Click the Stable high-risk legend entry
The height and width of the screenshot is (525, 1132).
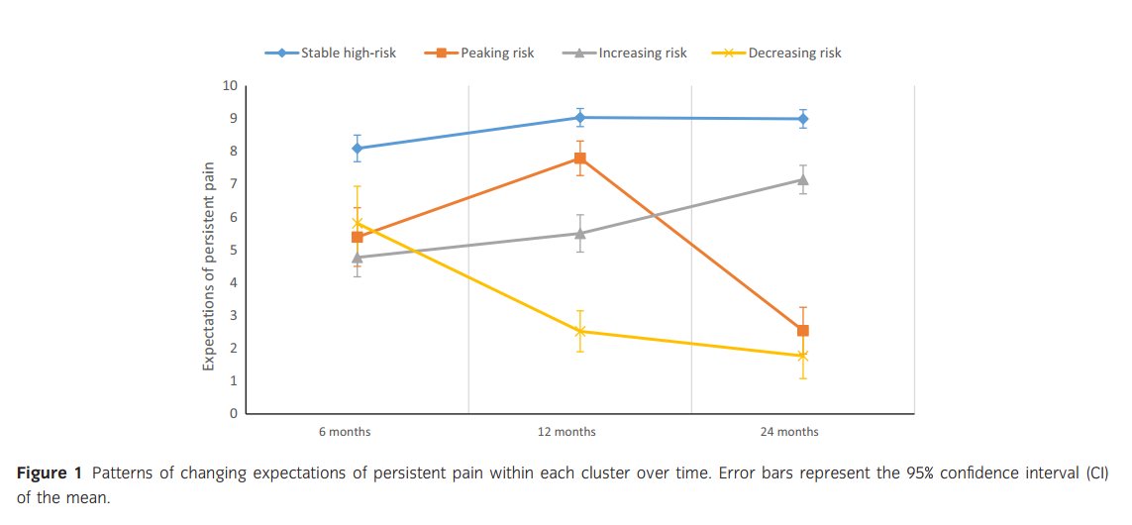click(x=331, y=52)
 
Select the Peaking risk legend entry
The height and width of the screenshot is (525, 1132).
click(x=479, y=52)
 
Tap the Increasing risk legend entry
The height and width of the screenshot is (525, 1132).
click(x=625, y=52)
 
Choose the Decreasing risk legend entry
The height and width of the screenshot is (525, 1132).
click(x=777, y=52)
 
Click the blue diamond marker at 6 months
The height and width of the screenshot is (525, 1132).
click(x=358, y=149)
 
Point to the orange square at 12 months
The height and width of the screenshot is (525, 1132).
click(x=579, y=158)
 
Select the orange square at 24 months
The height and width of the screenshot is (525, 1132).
click(x=803, y=331)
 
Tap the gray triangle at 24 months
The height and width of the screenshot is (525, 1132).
click(x=803, y=179)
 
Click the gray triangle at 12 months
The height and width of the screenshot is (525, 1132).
click(x=579, y=233)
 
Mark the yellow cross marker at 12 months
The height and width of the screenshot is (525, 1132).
click(x=579, y=332)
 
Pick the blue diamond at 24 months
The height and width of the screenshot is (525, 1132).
click(x=803, y=119)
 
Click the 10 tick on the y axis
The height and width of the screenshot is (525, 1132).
click(x=231, y=86)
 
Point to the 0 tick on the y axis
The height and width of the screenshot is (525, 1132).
click(x=234, y=414)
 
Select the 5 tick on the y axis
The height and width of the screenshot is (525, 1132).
click(x=234, y=250)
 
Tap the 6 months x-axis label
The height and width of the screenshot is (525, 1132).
click(x=345, y=432)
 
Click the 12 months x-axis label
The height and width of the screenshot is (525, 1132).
click(x=566, y=432)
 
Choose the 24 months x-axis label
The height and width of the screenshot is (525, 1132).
click(x=789, y=432)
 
